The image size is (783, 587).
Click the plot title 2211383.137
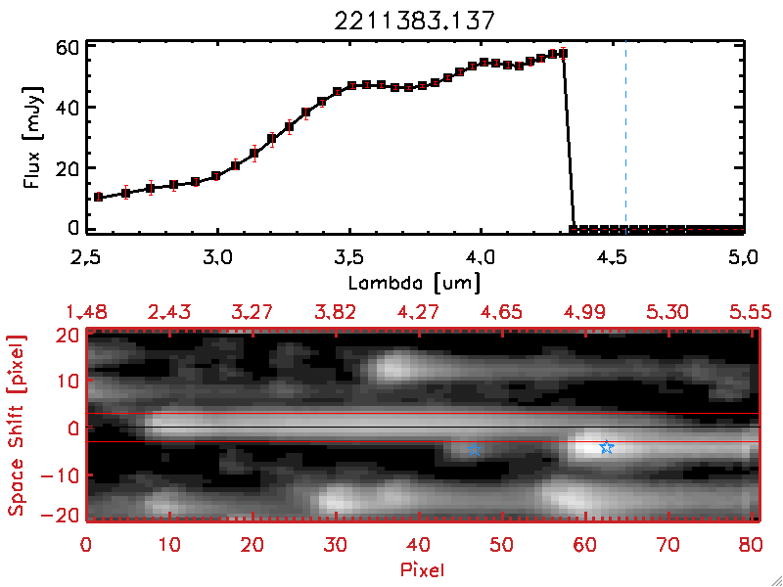coord(416,19)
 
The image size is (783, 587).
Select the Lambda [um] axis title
coord(415,281)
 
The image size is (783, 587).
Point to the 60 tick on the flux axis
coord(65,47)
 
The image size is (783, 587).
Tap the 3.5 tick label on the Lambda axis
coord(348,258)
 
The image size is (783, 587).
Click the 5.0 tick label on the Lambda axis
coord(744,258)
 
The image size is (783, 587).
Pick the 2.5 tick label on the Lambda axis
coord(86,258)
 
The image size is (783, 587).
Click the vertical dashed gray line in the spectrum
coord(625,137)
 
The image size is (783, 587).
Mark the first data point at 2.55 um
coord(98,197)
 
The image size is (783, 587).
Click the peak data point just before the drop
coord(563,53)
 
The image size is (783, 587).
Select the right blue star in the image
coord(607,447)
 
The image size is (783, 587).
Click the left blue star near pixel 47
coord(476,449)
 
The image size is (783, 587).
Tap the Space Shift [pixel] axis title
coord(17,425)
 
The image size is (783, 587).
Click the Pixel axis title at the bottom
coord(423,568)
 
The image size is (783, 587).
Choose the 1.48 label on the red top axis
coord(86,312)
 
